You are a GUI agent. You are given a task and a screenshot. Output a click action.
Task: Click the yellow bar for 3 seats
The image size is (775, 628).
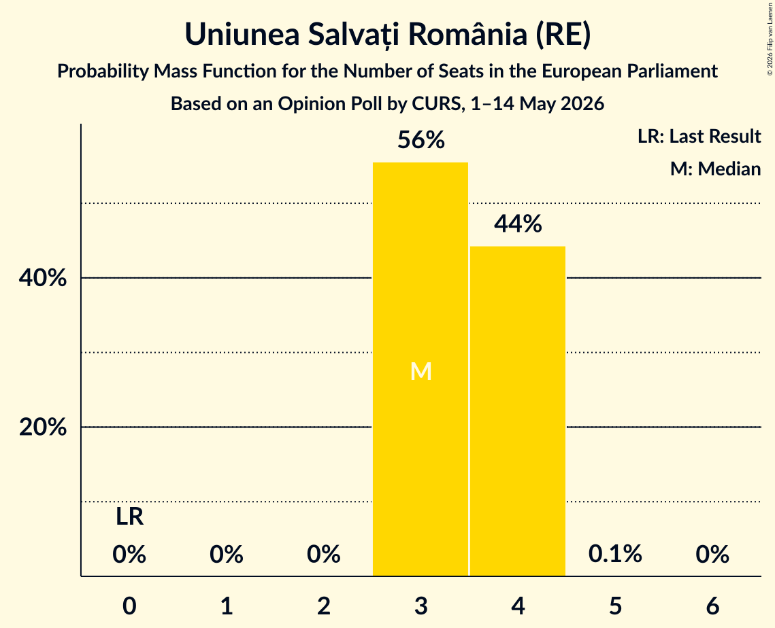pyautogui.click(x=420, y=369)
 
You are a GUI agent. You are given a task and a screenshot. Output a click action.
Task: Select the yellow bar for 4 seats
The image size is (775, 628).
pyautogui.click(x=518, y=411)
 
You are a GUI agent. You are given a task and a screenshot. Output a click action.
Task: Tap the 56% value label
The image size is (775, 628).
pyautogui.click(x=421, y=140)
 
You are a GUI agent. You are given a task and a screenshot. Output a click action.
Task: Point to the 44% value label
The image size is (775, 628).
pyautogui.click(x=518, y=224)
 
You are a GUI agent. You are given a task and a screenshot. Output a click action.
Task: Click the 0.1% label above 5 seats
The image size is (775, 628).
pyautogui.click(x=615, y=553)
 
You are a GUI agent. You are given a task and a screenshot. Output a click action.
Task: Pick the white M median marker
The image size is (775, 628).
pyautogui.click(x=421, y=371)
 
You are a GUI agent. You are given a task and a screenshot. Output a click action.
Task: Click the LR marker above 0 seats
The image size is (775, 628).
pyautogui.click(x=129, y=517)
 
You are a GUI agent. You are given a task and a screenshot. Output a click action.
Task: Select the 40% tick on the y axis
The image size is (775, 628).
pyautogui.click(x=42, y=278)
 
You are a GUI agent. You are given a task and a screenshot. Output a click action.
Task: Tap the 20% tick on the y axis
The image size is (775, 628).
pyautogui.click(x=42, y=427)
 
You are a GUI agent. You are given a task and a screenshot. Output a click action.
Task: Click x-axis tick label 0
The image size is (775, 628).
pyautogui.click(x=129, y=606)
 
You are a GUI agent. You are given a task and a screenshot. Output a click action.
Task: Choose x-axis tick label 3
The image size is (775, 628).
pyautogui.click(x=421, y=606)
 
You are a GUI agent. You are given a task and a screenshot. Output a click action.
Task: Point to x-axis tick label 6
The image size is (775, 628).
pyautogui.click(x=712, y=606)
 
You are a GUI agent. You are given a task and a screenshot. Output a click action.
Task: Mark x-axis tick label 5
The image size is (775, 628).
pyautogui.click(x=615, y=606)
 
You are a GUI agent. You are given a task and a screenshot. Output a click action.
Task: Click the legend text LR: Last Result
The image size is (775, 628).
pyautogui.click(x=699, y=136)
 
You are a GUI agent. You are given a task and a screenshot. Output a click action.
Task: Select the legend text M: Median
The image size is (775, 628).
pyautogui.click(x=715, y=169)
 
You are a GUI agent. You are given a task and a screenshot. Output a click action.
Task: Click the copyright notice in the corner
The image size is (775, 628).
pyautogui.click(x=770, y=39)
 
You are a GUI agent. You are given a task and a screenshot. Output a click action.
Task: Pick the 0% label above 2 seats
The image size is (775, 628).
pyautogui.click(x=324, y=554)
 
